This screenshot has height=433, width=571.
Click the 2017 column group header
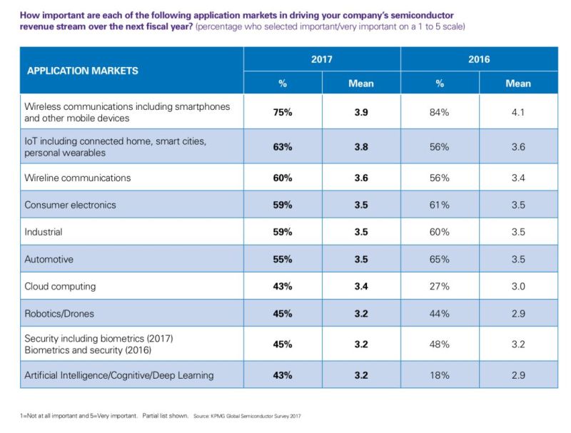(x=322, y=59)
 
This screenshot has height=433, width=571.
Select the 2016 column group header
(x=479, y=59)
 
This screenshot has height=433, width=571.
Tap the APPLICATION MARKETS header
(x=83, y=71)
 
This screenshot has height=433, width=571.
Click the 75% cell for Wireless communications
(x=283, y=112)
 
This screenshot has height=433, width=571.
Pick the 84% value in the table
(x=440, y=112)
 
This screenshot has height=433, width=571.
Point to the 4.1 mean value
(x=518, y=112)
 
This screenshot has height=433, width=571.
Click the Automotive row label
(x=49, y=260)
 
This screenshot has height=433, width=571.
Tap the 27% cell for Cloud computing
(x=440, y=287)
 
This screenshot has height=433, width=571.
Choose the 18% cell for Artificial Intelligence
(x=440, y=375)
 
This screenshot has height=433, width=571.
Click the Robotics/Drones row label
(x=59, y=314)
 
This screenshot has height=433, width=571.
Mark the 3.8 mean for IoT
(x=361, y=147)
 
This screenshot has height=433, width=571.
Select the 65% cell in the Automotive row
(x=440, y=260)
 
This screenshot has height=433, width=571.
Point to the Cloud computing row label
(x=60, y=287)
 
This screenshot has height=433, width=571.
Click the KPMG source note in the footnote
(x=247, y=415)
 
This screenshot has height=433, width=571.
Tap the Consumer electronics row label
(x=70, y=205)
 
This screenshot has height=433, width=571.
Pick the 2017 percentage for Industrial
(x=283, y=232)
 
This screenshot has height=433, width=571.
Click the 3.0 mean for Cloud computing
(x=518, y=287)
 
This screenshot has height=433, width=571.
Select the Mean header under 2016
(x=518, y=83)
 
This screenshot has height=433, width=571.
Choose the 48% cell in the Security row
(x=440, y=345)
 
